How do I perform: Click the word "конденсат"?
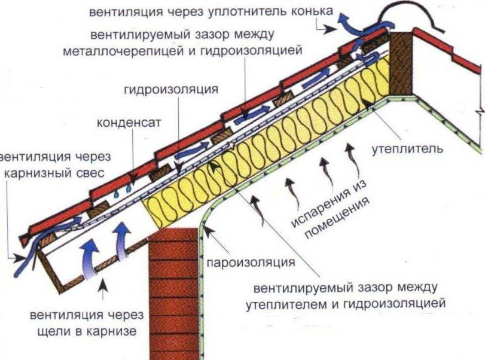[x=126, y=123]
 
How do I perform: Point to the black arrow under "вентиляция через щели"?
[x=105, y=291]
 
